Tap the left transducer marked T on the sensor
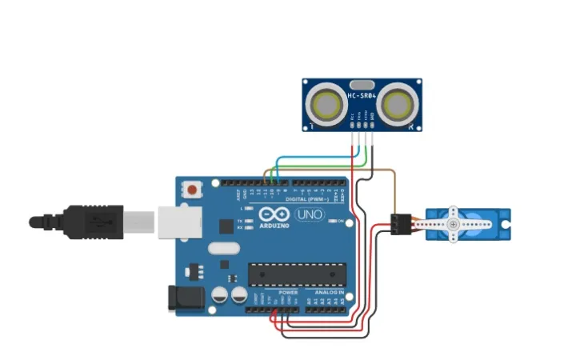326,104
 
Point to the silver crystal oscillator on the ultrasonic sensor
362,83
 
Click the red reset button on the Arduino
193,190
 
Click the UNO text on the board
308,215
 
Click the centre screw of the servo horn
454,225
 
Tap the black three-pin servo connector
399,224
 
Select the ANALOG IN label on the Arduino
329,293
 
